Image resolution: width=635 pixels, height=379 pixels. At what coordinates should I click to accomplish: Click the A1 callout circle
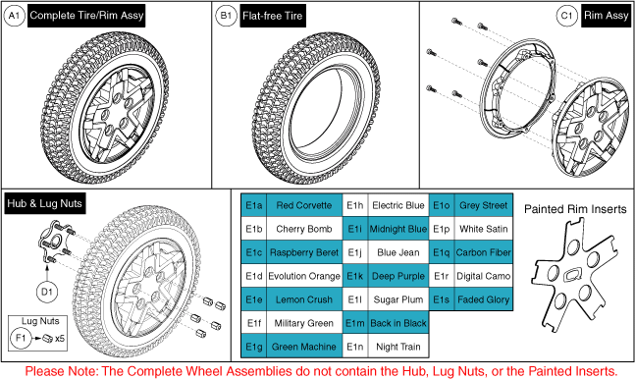(14, 16)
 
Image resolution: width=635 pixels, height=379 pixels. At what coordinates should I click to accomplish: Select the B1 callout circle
(226, 16)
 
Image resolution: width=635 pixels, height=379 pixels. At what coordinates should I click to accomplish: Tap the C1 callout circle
(567, 16)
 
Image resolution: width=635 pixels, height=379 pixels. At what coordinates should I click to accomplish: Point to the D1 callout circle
(47, 292)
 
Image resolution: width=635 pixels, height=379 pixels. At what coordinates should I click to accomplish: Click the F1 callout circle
(21, 338)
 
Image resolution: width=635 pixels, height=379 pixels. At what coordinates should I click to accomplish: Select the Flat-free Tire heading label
(273, 16)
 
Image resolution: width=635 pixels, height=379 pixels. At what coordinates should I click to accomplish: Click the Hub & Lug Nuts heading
(44, 203)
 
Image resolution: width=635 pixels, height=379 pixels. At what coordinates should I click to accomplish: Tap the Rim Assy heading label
(606, 16)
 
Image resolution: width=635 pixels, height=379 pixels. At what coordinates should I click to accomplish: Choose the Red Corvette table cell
(304, 205)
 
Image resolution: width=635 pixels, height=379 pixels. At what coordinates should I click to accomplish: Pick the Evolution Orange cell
(304, 276)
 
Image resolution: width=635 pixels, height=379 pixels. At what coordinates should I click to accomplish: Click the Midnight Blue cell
(398, 229)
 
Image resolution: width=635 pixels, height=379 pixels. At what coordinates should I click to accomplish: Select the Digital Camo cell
(484, 276)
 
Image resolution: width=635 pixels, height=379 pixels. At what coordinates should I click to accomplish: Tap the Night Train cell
(398, 347)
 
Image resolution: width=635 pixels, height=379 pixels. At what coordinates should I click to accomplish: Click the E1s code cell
(442, 299)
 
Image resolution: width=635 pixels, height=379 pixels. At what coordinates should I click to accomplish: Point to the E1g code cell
(254, 347)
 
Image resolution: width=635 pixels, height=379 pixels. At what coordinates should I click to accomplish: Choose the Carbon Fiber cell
(484, 252)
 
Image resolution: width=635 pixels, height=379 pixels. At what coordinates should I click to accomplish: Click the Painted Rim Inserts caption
(575, 209)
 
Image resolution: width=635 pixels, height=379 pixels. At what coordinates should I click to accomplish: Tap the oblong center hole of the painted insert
(570, 275)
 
